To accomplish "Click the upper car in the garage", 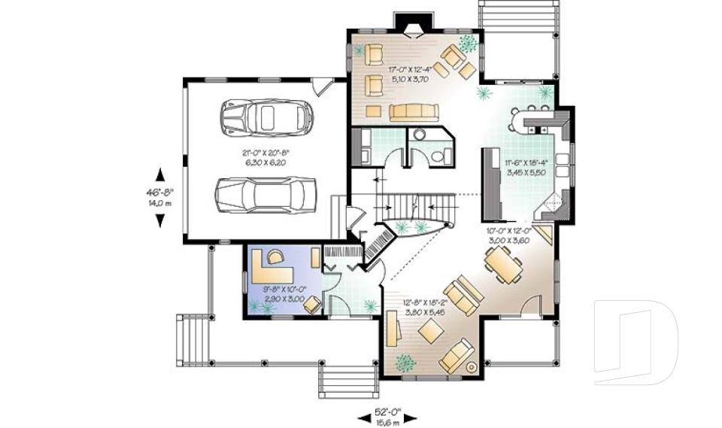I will point(266,117).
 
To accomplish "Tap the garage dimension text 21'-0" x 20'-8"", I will point(265,156).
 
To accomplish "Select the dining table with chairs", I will point(502,265).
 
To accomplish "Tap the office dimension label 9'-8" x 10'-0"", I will point(283,293).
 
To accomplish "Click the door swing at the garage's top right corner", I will point(322,87).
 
